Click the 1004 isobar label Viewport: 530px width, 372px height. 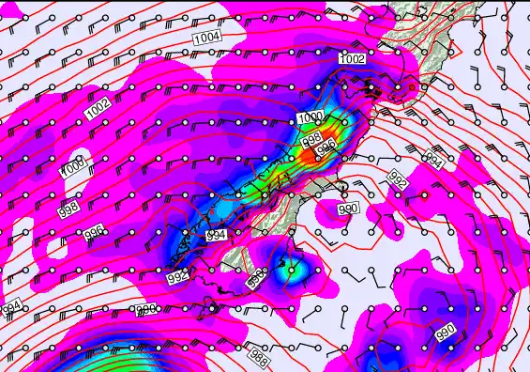click(206, 38)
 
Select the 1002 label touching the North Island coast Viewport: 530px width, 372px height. click(352, 59)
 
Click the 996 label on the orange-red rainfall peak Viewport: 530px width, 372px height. click(326, 147)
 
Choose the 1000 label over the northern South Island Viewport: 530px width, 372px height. click(310, 118)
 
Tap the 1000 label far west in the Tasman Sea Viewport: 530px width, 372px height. click(74, 169)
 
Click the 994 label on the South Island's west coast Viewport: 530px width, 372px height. click(216, 235)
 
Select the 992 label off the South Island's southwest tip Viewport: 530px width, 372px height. click(178, 278)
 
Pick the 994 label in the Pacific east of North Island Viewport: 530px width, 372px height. click(433, 161)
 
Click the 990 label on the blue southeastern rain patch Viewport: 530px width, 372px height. click(445, 332)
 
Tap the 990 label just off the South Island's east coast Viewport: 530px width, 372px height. click(348, 209)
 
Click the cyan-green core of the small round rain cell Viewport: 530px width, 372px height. click(292, 272)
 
